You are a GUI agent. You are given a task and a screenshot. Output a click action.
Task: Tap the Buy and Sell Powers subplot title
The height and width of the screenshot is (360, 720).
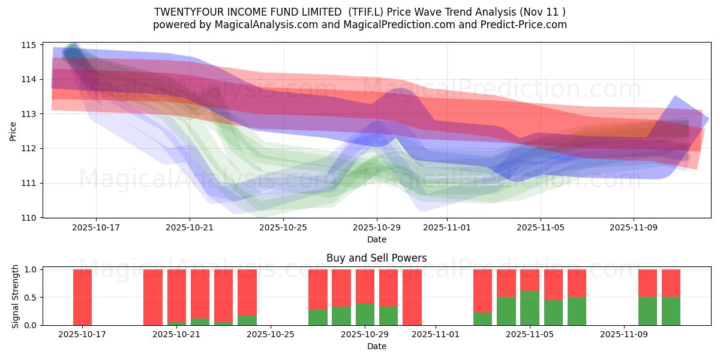pos(376,258)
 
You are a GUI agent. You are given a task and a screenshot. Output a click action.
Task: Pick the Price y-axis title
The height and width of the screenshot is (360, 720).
pos(13,131)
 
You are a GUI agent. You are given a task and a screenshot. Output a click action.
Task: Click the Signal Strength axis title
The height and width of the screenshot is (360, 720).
pos(16,297)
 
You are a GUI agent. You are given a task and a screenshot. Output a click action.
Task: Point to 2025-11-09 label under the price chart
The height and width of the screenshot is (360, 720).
pos(634,227)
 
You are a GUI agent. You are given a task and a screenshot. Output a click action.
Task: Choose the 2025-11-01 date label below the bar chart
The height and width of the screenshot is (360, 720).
pos(436,334)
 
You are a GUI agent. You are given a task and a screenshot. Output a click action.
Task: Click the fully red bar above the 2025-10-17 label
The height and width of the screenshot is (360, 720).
pos(82,297)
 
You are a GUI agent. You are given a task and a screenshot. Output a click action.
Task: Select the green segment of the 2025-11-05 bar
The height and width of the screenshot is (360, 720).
pos(530,308)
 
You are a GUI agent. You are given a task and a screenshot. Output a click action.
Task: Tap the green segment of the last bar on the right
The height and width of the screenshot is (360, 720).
pos(671,311)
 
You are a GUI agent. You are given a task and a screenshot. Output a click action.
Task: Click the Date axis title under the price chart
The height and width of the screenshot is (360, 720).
pos(376,239)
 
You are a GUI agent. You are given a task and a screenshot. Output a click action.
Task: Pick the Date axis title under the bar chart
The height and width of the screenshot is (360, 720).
pos(376,346)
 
